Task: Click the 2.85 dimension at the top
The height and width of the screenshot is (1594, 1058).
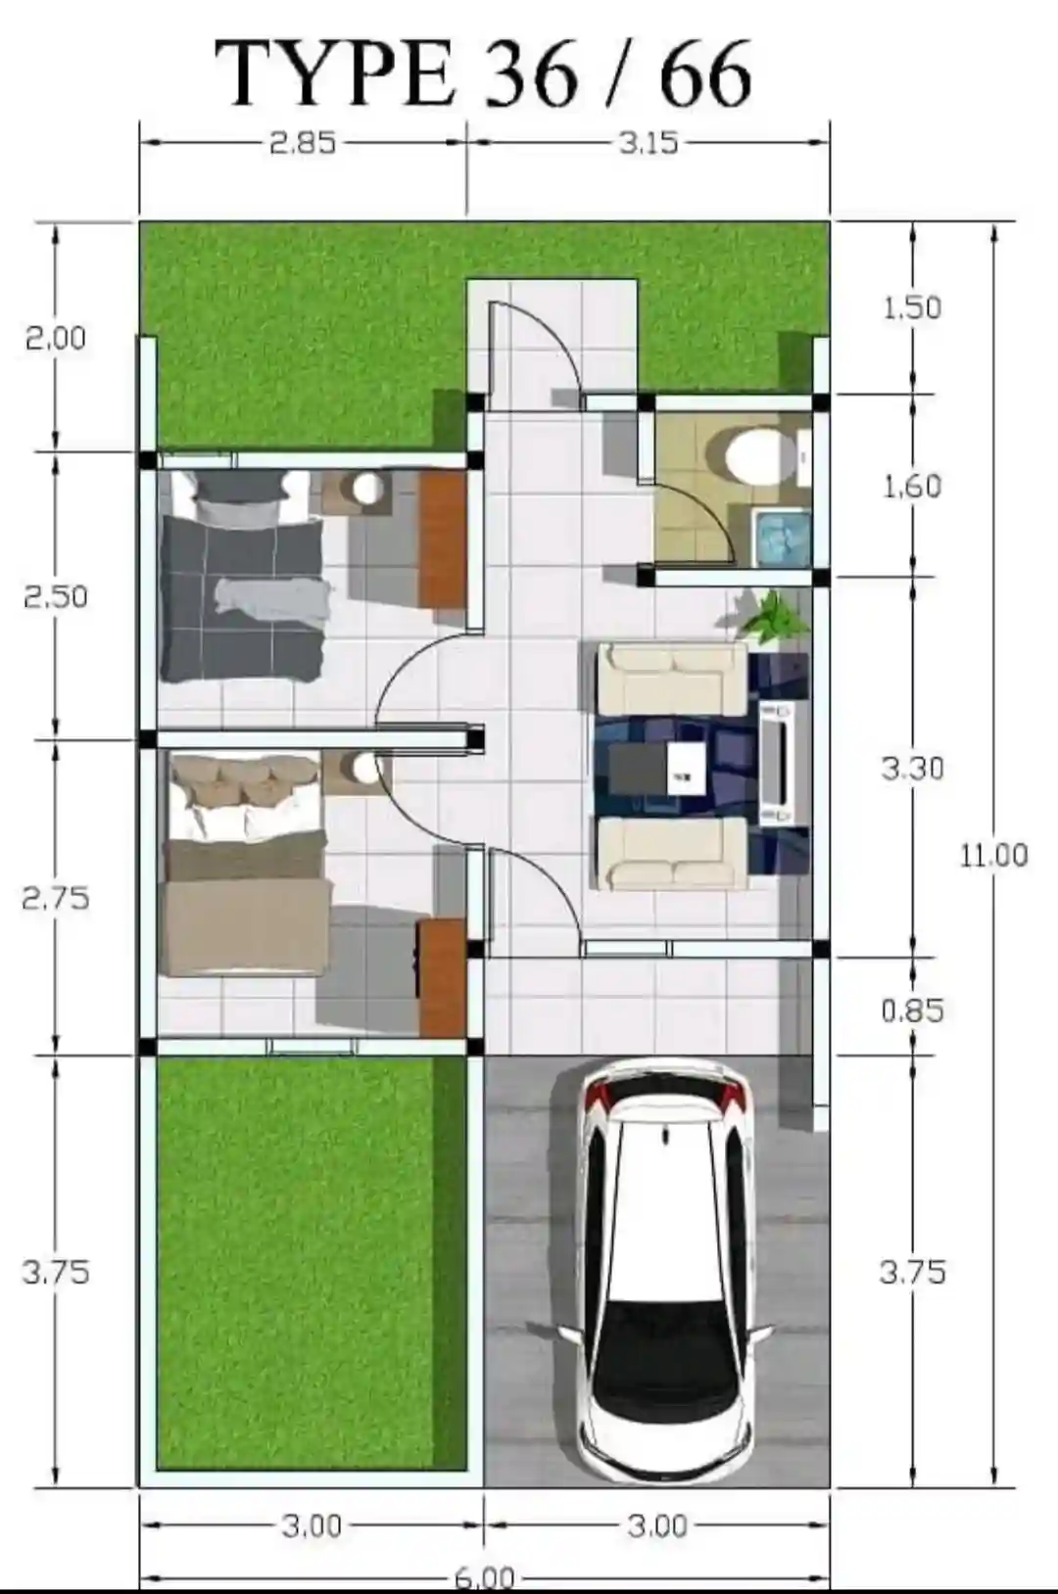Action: click(x=303, y=144)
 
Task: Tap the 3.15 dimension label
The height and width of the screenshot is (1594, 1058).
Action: click(x=649, y=144)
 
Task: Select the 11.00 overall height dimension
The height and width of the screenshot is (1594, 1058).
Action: click(x=993, y=855)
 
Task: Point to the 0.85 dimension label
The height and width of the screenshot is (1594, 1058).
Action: click(x=912, y=1010)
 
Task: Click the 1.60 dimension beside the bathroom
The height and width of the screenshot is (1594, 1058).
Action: click(x=912, y=487)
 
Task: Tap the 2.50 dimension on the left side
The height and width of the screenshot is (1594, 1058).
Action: click(x=56, y=596)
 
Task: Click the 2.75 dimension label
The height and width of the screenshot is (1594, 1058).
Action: click(x=56, y=898)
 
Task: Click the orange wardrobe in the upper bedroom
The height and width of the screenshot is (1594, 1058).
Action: click(x=442, y=539)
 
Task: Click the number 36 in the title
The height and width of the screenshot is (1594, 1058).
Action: click(x=530, y=75)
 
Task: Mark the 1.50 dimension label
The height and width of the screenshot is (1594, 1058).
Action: click(x=912, y=308)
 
